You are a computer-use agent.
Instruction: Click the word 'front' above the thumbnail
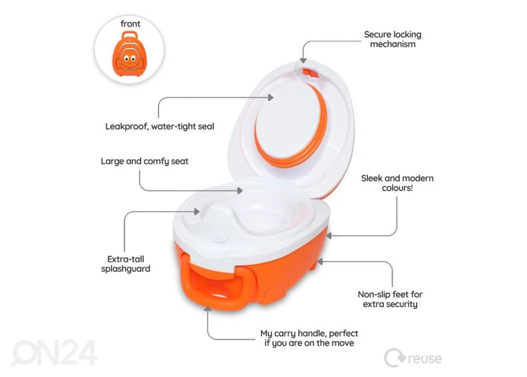pos(130,24)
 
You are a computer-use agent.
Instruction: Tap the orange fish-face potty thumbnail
pos(129,54)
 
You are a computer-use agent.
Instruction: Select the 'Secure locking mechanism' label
pos(393,39)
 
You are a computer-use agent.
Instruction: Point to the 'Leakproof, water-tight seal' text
pos(160,127)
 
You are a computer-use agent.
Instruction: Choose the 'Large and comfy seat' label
pos(144,161)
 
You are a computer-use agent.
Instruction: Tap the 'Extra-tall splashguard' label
pos(126,264)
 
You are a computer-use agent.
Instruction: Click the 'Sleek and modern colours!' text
pos(397,183)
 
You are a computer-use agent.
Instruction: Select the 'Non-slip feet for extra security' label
pos(390,299)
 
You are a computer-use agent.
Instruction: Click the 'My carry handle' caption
pos(309,338)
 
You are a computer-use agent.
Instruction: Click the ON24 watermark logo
pos(55,352)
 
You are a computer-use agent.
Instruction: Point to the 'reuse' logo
pos(413,358)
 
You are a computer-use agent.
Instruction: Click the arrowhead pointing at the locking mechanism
pos(303,60)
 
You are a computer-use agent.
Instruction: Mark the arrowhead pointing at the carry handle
pos(208,308)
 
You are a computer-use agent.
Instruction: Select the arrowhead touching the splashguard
pos(197,212)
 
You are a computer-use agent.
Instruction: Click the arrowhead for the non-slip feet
pos(320,261)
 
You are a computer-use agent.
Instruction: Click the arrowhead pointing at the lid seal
pos(271,97)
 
